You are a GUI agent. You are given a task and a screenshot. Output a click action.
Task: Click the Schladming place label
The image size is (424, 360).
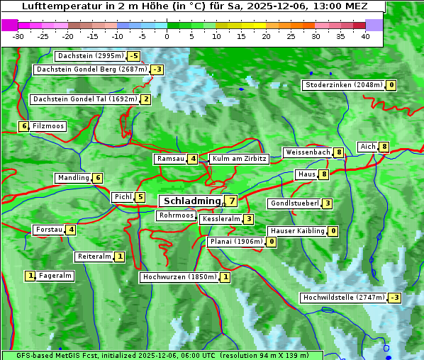(x=189, y=202)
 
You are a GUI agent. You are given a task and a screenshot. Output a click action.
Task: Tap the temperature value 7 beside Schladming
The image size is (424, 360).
(x=232, y=202)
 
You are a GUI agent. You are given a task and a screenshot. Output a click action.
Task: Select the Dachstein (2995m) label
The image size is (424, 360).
(x=90, y=56)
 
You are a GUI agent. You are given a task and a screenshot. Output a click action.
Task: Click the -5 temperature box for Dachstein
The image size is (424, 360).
(x=134, y=56)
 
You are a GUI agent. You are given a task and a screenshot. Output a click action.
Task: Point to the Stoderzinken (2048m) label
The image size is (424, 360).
(x=344, y=86)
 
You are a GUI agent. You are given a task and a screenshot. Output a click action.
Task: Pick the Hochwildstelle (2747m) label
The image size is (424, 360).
(x=343, y=298)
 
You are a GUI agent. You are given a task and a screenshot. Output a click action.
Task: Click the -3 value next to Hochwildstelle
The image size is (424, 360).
(x=394, y=298)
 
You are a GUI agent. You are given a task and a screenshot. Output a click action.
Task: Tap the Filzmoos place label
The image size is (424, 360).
(x=48, y=126)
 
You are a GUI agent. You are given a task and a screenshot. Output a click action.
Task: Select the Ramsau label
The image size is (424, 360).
(x=171, y=159)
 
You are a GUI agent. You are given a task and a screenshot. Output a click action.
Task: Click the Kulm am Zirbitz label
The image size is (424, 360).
(x=239, y=159)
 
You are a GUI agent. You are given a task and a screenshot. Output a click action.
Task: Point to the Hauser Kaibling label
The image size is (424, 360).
(x=297, y=231)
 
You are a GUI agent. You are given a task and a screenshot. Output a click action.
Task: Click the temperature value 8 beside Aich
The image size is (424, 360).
(x=384, y=147)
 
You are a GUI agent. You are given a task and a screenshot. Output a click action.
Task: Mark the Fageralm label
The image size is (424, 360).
(x=55, y=276)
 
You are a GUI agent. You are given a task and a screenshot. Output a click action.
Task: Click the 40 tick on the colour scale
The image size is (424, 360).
(x=365, y=36)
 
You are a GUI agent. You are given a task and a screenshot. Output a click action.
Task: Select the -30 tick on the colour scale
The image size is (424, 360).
(x=18, y=36)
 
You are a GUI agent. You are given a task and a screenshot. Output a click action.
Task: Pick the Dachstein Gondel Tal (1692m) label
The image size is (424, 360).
(x=85, y=99)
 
